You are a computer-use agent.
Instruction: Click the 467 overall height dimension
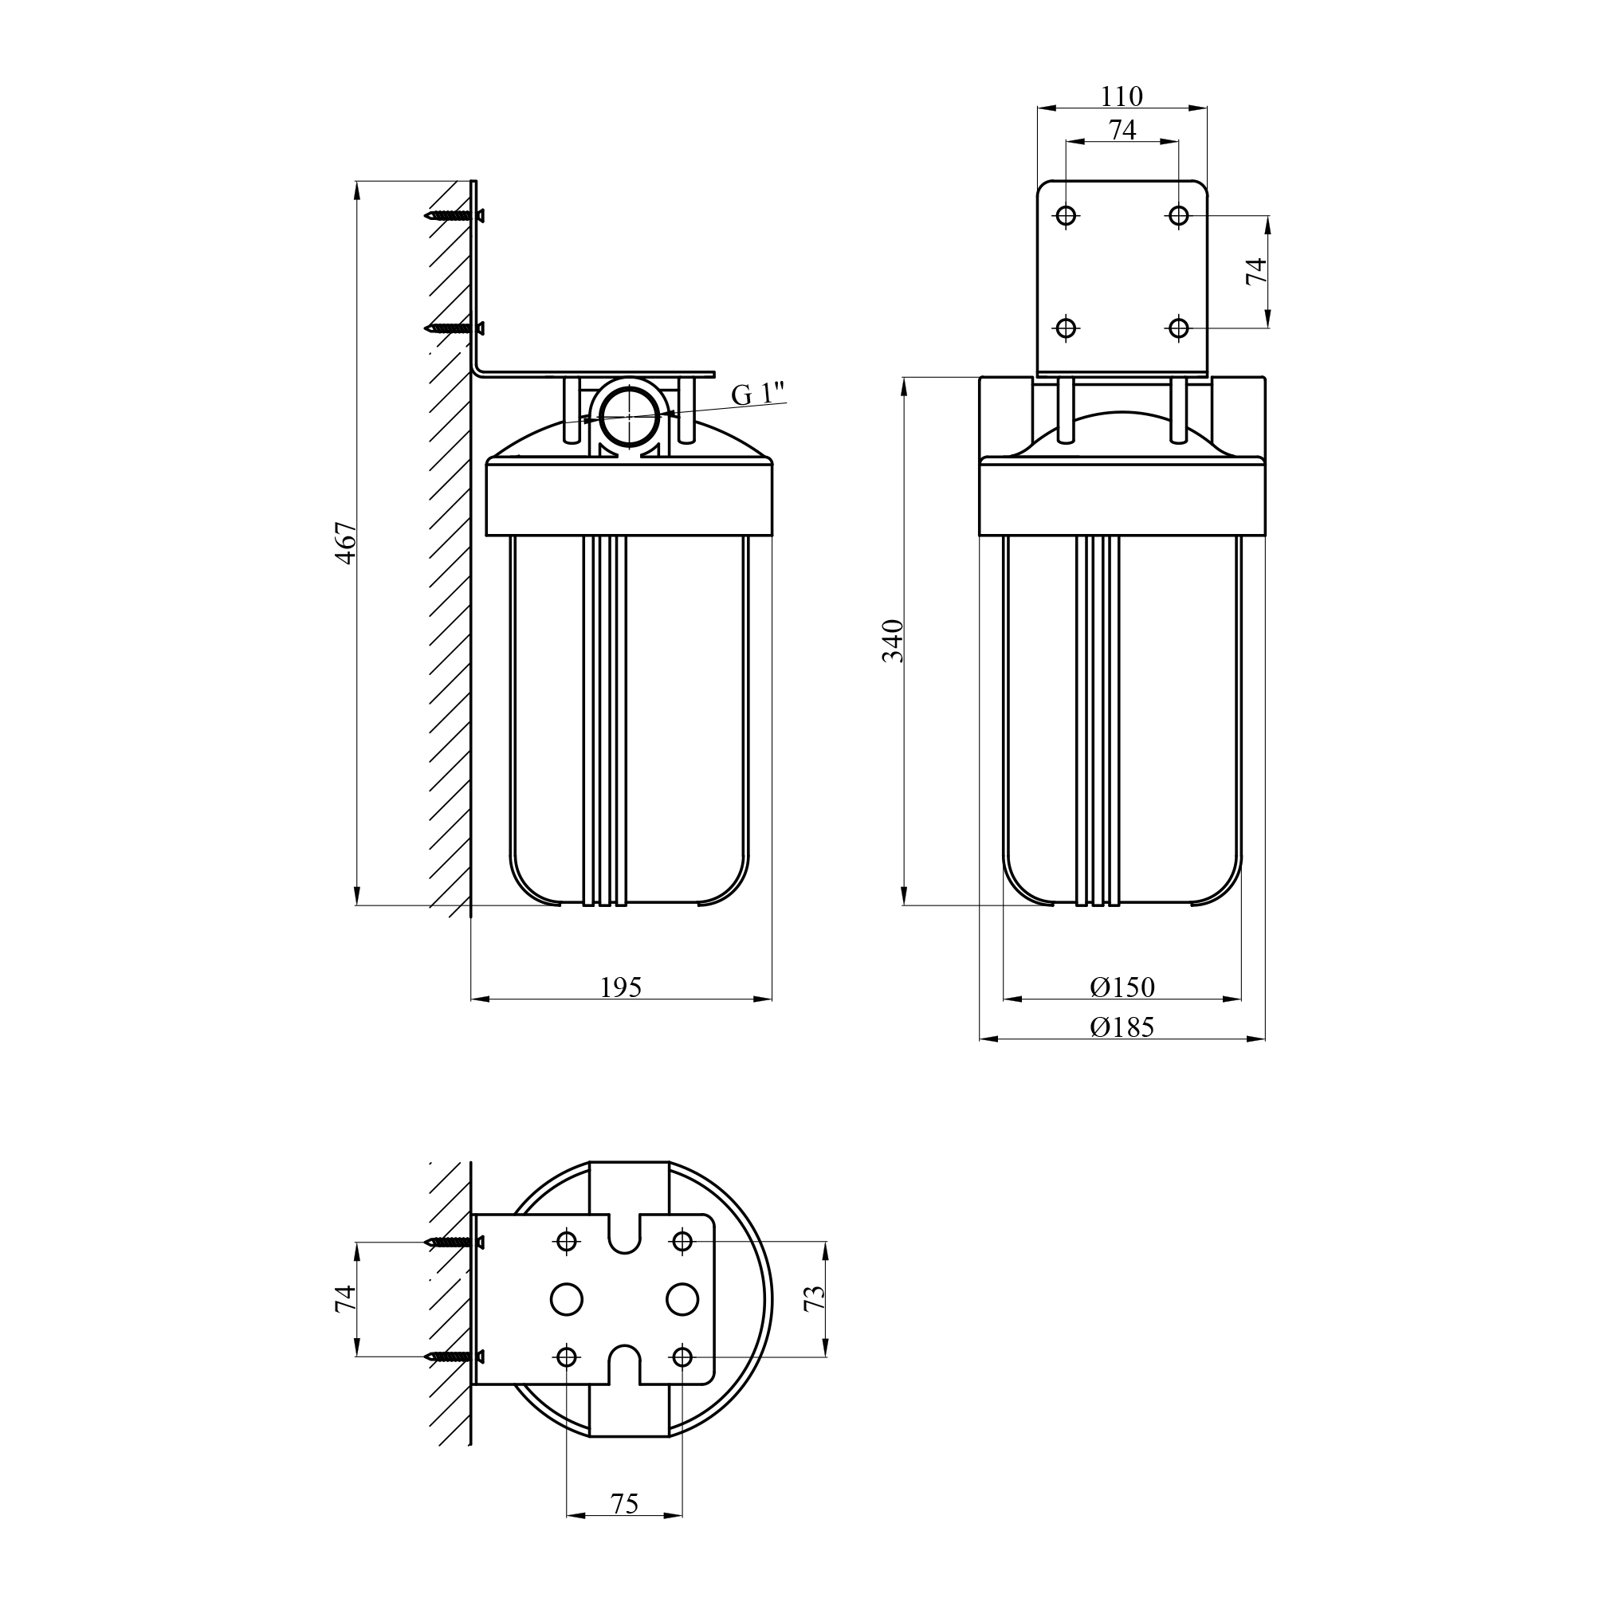(x=346, y=542)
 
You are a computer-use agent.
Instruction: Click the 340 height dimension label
(x=893, y=640)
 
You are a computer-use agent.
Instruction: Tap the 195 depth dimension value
(x=621, y=987)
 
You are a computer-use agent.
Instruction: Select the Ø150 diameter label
(x=1122, y=987)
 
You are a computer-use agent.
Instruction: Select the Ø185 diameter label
(x=1122, y=1027)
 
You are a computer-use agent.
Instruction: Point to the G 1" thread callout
(x=757, y=394)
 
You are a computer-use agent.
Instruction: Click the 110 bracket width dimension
(x=1122, y=96)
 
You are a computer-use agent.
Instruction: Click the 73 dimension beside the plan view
(x=815, y=1298)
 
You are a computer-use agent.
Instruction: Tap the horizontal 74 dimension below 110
(x=1122, y=130)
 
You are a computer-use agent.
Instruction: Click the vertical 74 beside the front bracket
(x=1256, y=272)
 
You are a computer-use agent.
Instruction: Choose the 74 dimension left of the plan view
(x=345, y=1298)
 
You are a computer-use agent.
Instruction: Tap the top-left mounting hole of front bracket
(x=1066, y=216)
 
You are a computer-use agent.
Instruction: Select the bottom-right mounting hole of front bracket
(x=1179, y=328)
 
